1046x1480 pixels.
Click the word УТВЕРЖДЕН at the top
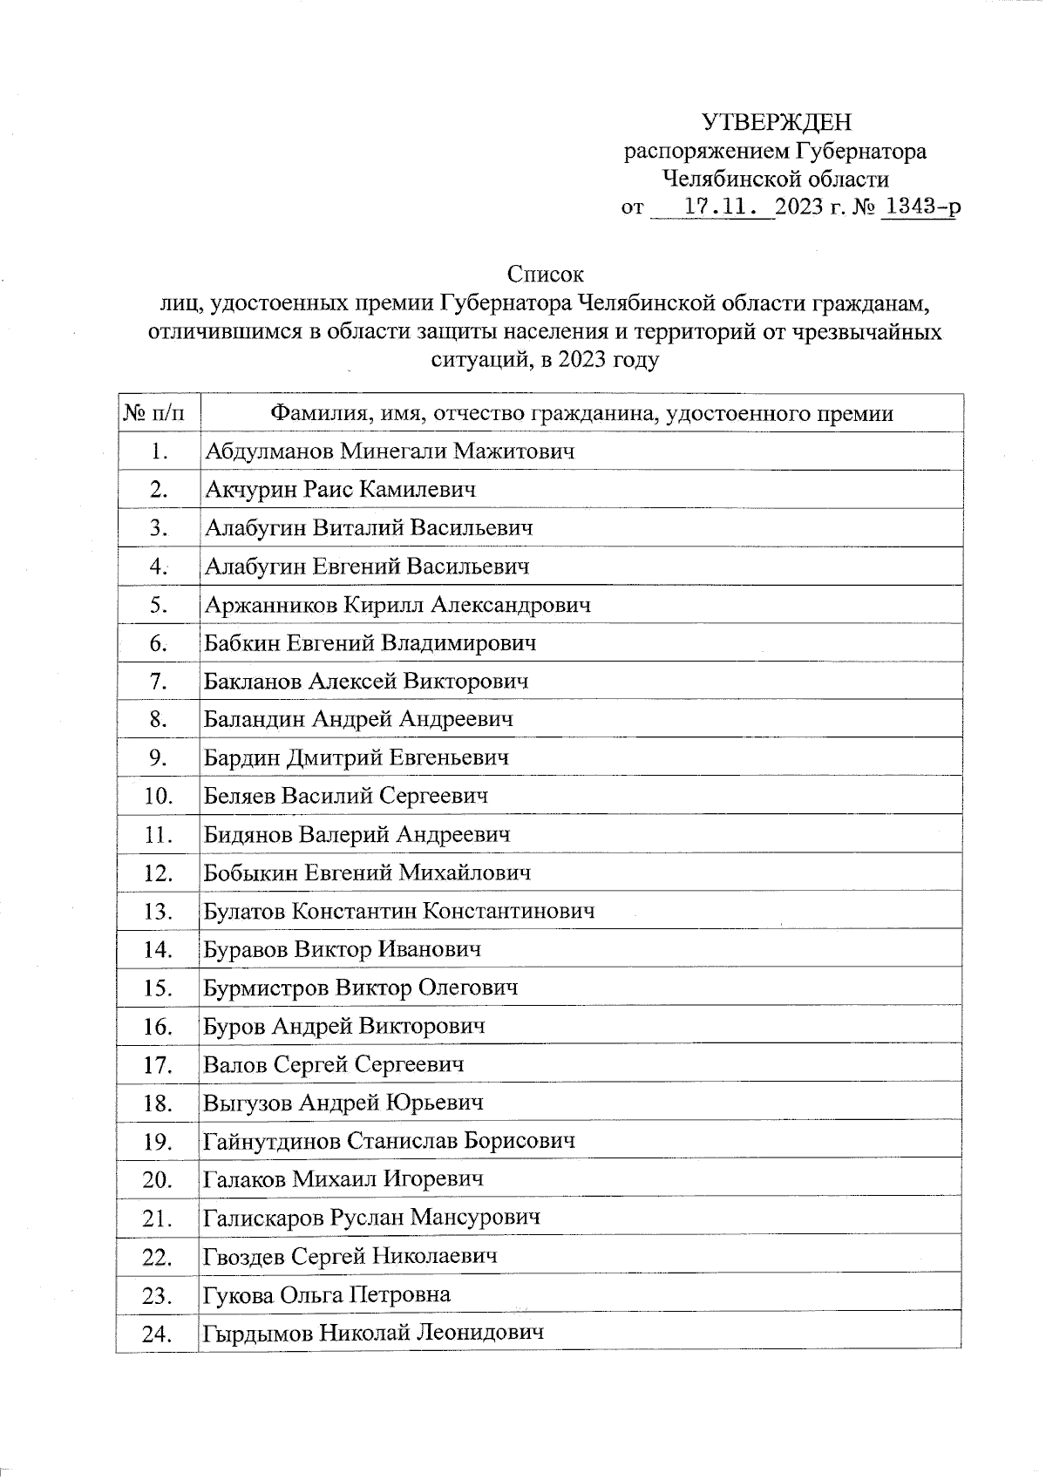click(777, 122)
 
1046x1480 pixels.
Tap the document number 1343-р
click(921, 207)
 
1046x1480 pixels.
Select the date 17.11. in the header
click(728, 207)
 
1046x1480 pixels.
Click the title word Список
click(545, 275)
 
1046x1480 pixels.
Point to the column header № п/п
click(156, 413)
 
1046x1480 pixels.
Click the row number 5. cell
click(158, 605)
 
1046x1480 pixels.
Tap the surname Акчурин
click(251, 490)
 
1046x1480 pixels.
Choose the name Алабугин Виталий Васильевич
click(368, 528)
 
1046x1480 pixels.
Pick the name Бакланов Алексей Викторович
click(365, 682)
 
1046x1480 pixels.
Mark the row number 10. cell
click(158, 797)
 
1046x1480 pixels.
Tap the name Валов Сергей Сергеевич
click(333, 1065)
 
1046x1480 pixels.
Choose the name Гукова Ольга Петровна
click(327, 1295)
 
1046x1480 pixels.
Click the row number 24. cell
click(158, 1334)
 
